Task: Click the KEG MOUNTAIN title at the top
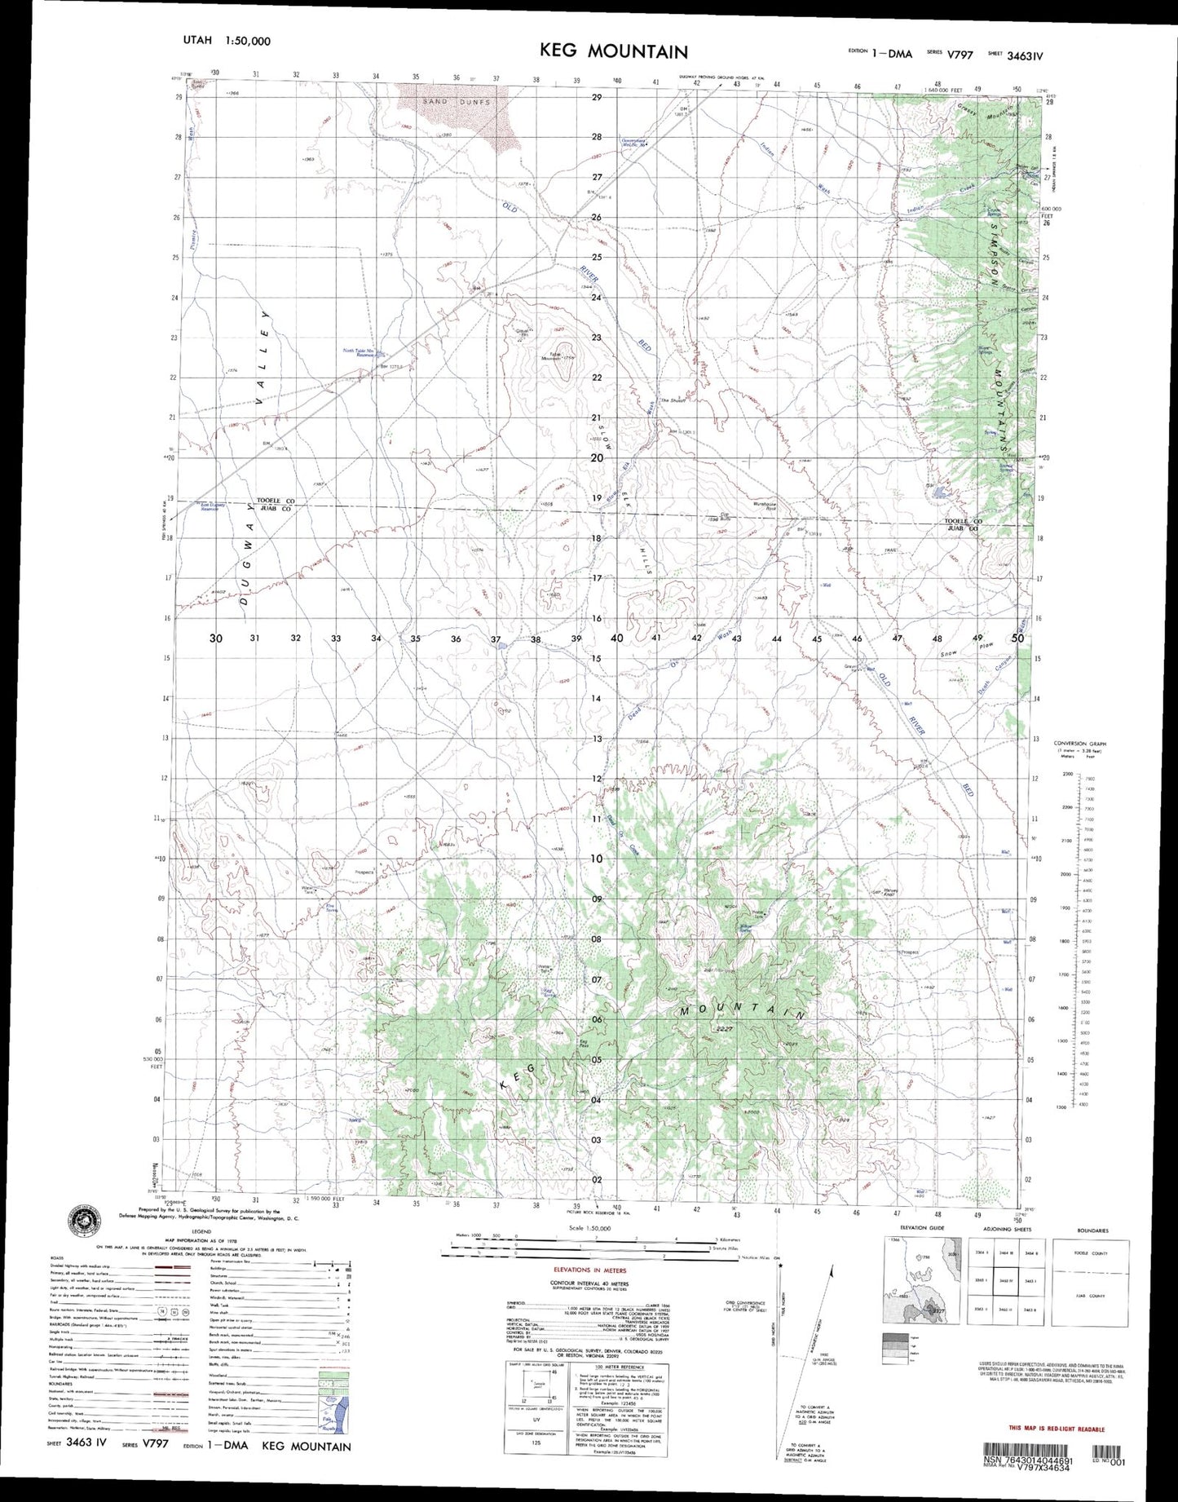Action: (613, 51)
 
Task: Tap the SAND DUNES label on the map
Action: (457, 102)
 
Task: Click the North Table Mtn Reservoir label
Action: (359, 353)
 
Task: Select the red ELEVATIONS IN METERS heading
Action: (589, 1270)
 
